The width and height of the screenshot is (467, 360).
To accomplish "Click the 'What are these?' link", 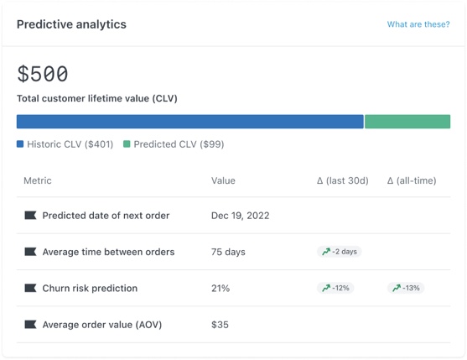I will coord(418,24).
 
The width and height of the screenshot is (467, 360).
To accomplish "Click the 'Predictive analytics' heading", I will coord(71,24).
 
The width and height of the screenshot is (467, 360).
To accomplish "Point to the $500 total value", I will coord(43,74).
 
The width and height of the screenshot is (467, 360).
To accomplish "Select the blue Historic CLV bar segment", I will coord(189,122).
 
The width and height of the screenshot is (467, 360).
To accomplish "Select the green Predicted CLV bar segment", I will coord(407,122).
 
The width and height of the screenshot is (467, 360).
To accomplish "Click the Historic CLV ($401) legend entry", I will coord(65,144).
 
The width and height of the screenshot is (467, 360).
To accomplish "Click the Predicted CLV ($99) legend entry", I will coord(174,144).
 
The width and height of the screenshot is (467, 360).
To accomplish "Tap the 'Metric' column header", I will coord(38,180).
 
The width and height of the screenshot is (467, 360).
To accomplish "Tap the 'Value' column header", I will coord(223,180).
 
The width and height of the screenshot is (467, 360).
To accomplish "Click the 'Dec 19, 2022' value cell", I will coord(240,216).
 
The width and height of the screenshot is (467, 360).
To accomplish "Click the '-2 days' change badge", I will coord(340,252).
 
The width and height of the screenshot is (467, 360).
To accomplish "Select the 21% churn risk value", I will coord(221,288).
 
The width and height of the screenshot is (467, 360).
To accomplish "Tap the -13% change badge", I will coord(406,288).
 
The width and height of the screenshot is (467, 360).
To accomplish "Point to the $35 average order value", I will coord(221,325).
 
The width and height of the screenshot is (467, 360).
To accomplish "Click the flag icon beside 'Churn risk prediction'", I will coord(30,288).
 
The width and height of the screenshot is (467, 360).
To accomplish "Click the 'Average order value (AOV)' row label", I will coord(101,325).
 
